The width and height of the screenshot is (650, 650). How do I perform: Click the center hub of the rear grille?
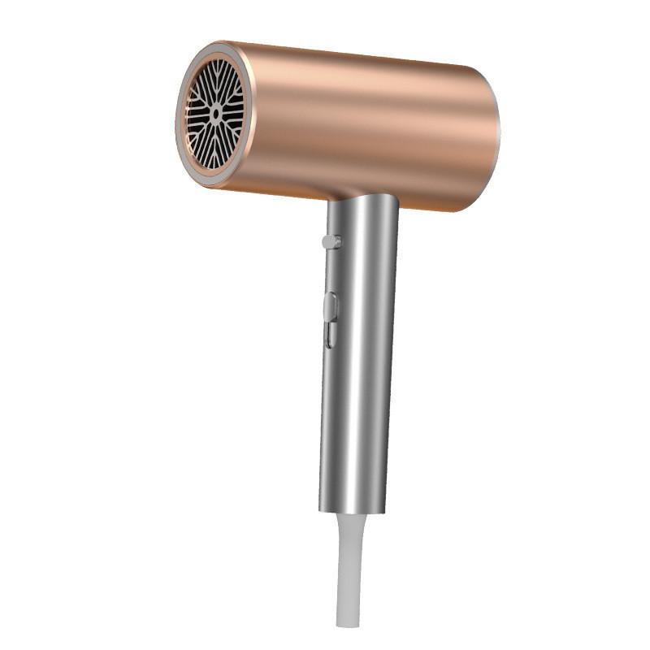(x=215, y=114)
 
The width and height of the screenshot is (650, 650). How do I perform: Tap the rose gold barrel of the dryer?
(x=366, y=122)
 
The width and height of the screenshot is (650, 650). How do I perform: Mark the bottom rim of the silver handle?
(x=351, y=509)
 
